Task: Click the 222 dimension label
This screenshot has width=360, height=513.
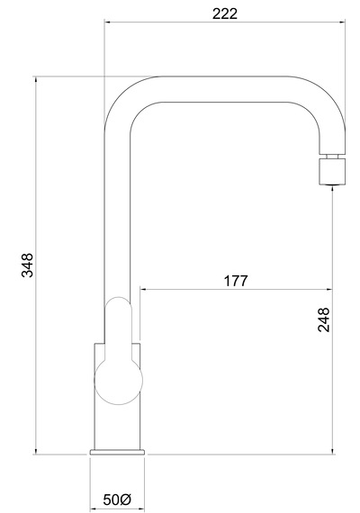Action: [x=224, y=13]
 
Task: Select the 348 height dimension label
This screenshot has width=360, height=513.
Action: [x=27, y=265]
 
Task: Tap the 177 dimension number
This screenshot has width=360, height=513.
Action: [x=236, y=281]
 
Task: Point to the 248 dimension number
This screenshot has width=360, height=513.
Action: [x=324, y=319]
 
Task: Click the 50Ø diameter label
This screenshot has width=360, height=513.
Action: [x=118, y=499]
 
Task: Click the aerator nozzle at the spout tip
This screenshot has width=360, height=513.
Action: [x=332, y=171]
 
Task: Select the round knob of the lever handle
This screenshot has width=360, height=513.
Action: [x=118, y=380]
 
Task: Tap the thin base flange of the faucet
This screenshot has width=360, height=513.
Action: [x=117, y=452]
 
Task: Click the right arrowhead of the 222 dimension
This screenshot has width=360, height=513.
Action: [x=342, y=22]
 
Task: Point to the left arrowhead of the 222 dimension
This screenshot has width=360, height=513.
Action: [x=108, y=22]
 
